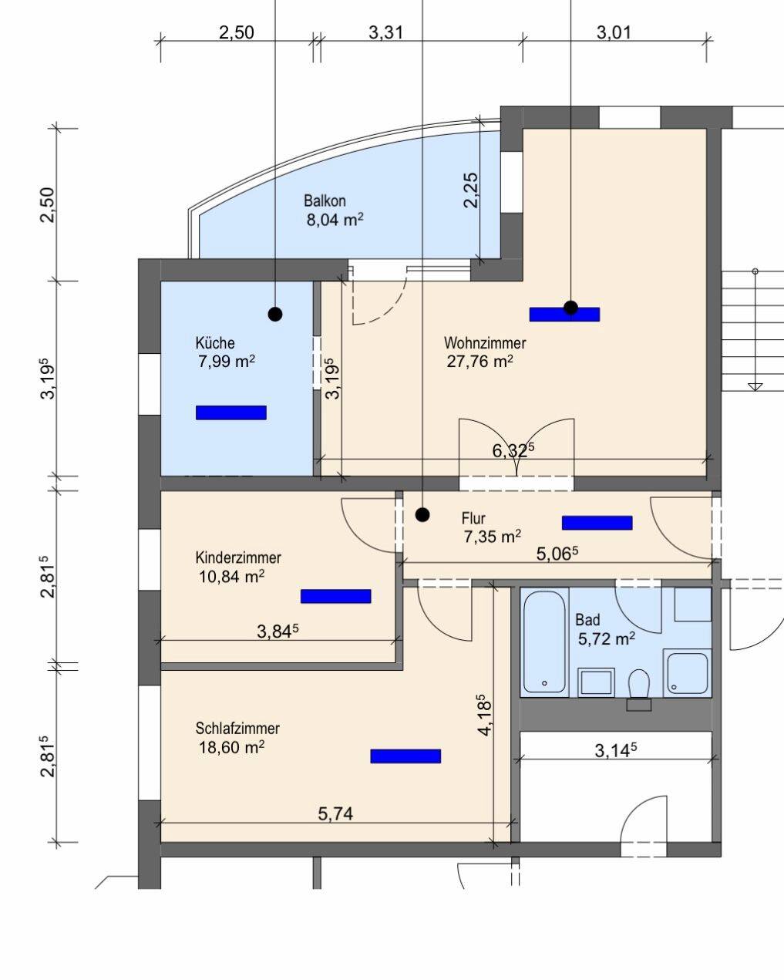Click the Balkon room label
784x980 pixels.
(x=325, y=200)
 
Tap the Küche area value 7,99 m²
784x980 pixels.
(x=227, y=362)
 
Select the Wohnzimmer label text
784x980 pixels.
(x=485, y=343)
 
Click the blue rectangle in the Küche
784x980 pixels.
(x=230, y=413)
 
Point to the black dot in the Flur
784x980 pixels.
(x=422, y=515)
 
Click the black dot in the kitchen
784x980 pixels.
(x=275, y=314)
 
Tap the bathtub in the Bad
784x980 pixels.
(x=544, y=642)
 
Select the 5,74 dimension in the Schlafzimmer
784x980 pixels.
(x=335, y=813)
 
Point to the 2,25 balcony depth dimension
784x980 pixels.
(x=471, y=190)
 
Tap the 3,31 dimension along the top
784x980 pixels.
(x=385, y=33)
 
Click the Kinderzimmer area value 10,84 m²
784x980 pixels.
(x=232, y=577)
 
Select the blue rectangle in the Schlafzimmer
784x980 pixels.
(x=405, y=756)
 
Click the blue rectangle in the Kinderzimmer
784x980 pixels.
(x=336, y=596)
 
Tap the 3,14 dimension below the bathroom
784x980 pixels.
(x=615, y=750)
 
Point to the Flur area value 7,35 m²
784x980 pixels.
(x=492, y=537)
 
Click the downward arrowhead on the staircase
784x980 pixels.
(x=755, y=387)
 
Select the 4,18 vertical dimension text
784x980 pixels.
(x=484, y=715)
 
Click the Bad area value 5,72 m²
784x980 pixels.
(x=607, y=639)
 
